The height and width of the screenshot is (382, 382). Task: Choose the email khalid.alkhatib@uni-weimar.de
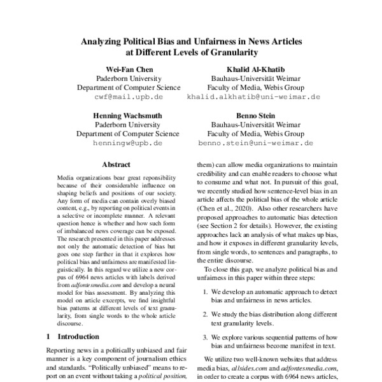pyautogui.click(x=253, y=97)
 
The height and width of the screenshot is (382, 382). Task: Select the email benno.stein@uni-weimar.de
pyautogui.click(x=253, y=144)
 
